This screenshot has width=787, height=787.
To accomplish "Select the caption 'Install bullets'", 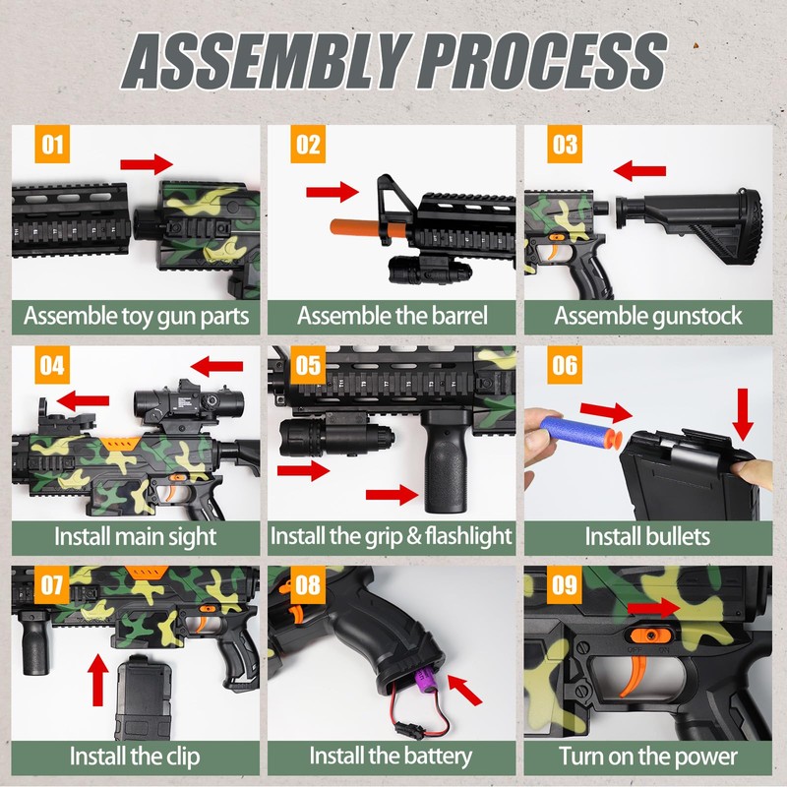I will click(x=647, y=537).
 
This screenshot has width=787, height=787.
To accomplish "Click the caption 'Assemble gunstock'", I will click(x=647, y=317).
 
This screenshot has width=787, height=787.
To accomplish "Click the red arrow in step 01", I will click(x=147, y=163).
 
